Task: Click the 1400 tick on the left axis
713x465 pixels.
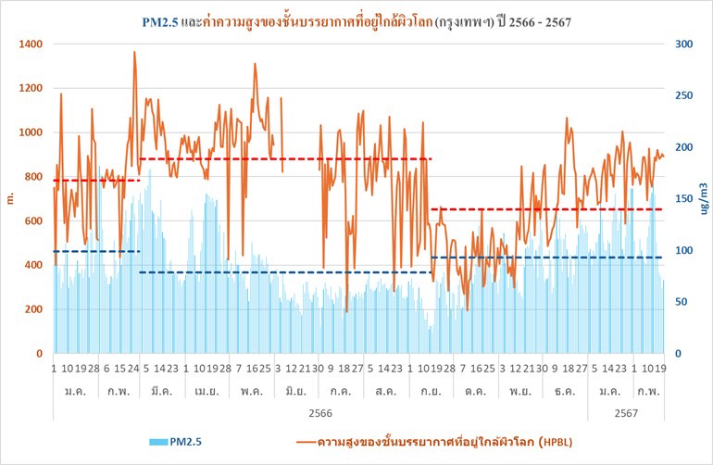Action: click(x=29, y=44)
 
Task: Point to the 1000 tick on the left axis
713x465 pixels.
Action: click(x=29, y=132)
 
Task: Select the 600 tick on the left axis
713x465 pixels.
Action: click(x=32, y=221)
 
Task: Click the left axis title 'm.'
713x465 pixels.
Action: click(x=10, y=198)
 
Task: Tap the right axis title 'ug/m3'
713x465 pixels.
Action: click(x=705, y=198)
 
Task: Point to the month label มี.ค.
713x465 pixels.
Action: click(x=160, y=392)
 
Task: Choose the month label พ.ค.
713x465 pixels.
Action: click(x=247, y=392)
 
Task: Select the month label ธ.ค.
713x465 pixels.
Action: click(x=559, y=392)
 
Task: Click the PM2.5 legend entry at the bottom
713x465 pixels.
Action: click(x=173, y=442)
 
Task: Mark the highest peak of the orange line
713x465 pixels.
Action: click(x=134, y=53)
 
